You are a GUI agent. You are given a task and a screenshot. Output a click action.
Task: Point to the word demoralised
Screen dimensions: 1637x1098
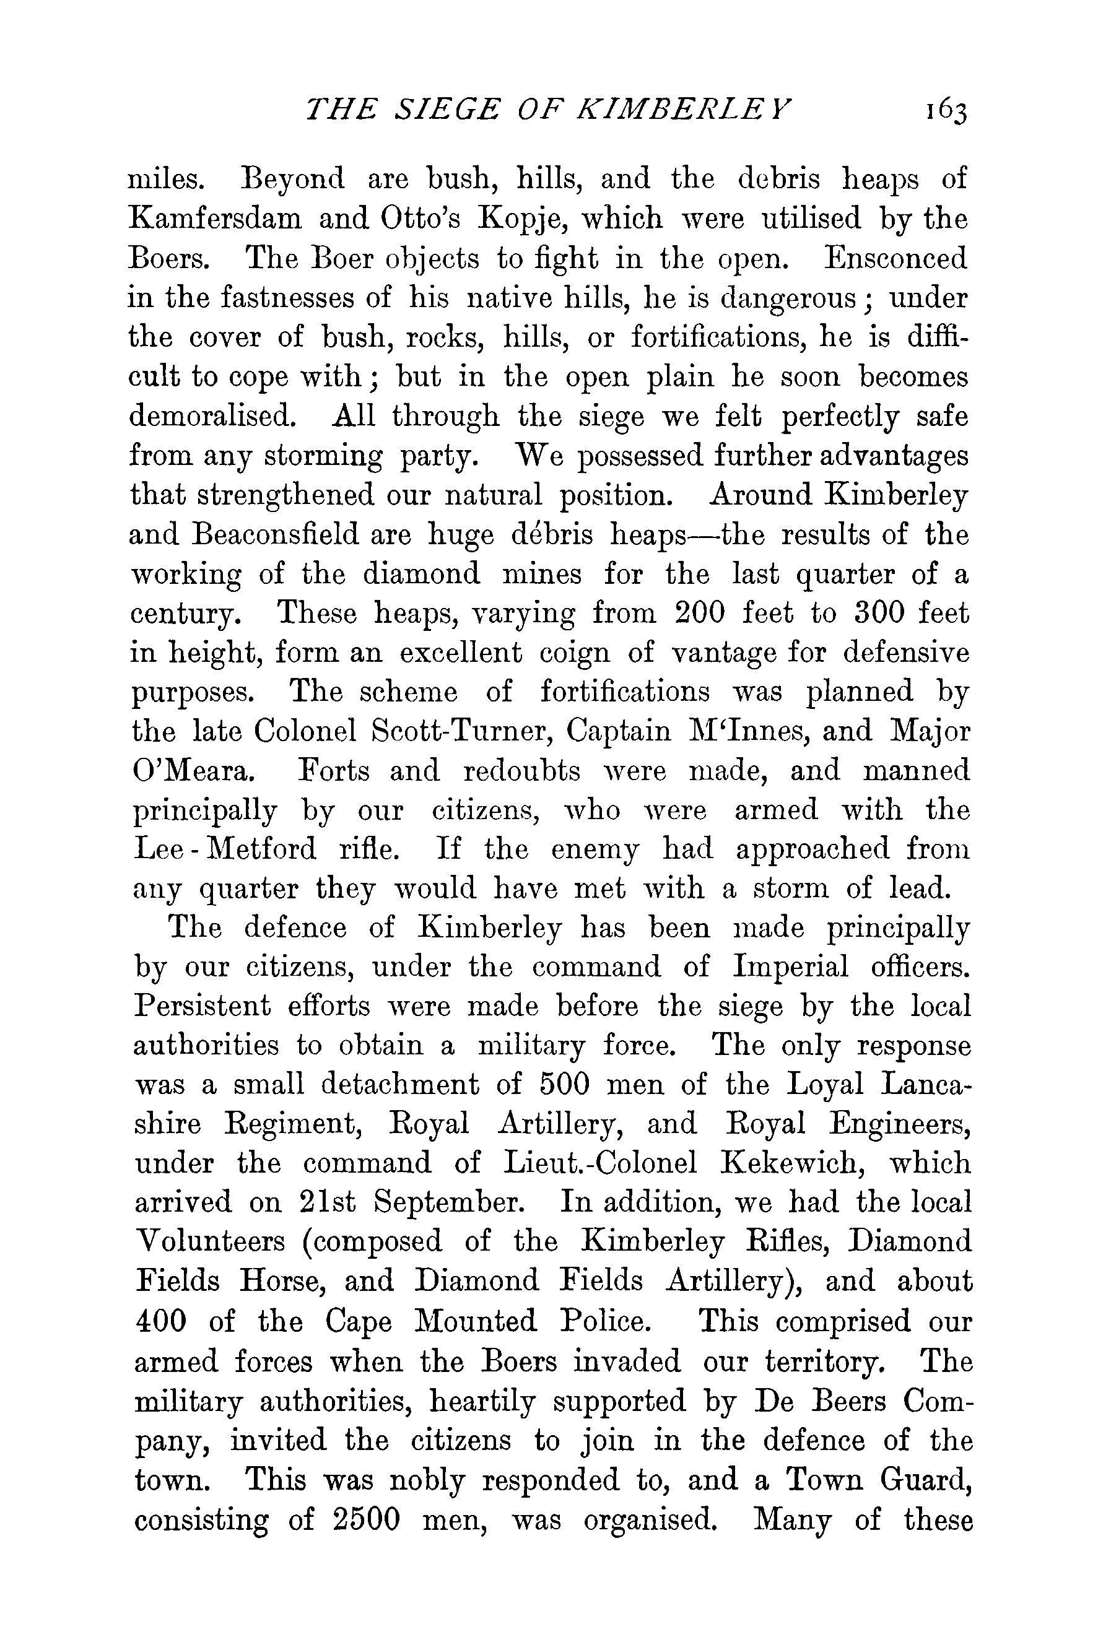212,417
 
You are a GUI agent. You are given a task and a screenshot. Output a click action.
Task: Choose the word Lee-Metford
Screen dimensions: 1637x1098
224,849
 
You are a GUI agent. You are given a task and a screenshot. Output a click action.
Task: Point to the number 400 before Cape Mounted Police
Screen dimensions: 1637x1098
160,1321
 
